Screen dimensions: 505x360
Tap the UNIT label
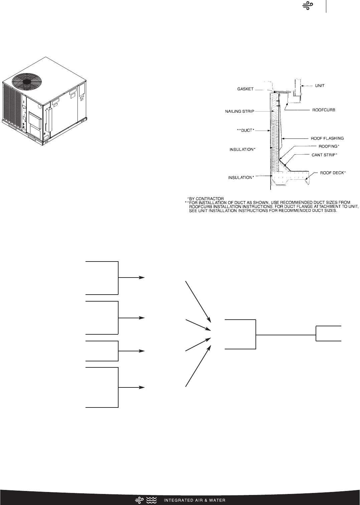(320, 86)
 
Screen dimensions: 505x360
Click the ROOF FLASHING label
(322, 138)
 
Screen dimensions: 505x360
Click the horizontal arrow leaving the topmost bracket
(132, 278)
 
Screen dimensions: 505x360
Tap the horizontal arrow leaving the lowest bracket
(132, 387)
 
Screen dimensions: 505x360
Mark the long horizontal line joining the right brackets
(286, 334)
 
